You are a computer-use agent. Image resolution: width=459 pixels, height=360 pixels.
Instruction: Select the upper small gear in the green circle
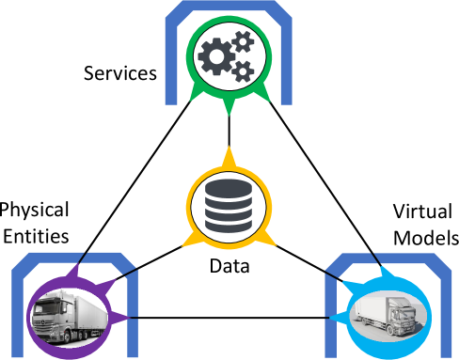click(243, 40)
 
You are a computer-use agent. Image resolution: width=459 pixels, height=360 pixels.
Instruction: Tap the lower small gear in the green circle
click(243, 70)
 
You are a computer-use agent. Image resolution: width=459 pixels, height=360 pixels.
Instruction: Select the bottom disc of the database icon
click(229, 225)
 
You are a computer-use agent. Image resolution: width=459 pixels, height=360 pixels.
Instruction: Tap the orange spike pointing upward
click(229, 154)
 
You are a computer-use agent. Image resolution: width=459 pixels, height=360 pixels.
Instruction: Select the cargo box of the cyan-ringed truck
click(372, 310)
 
